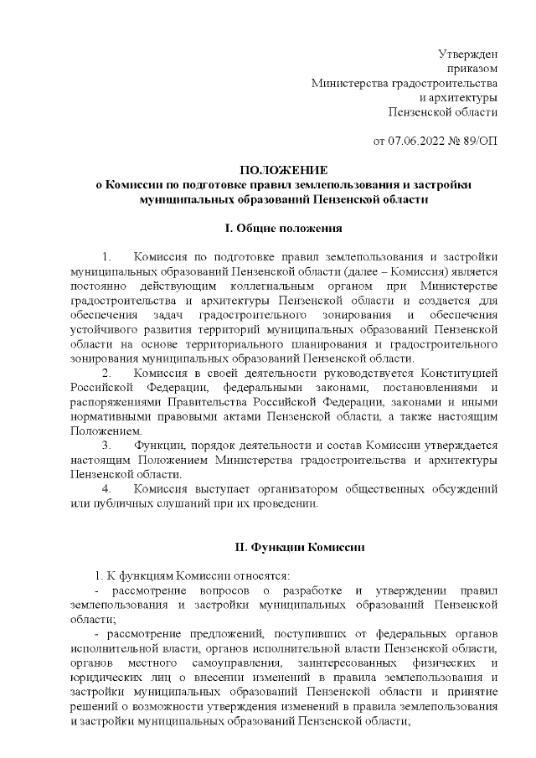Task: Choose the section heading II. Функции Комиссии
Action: pos(299,548)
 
